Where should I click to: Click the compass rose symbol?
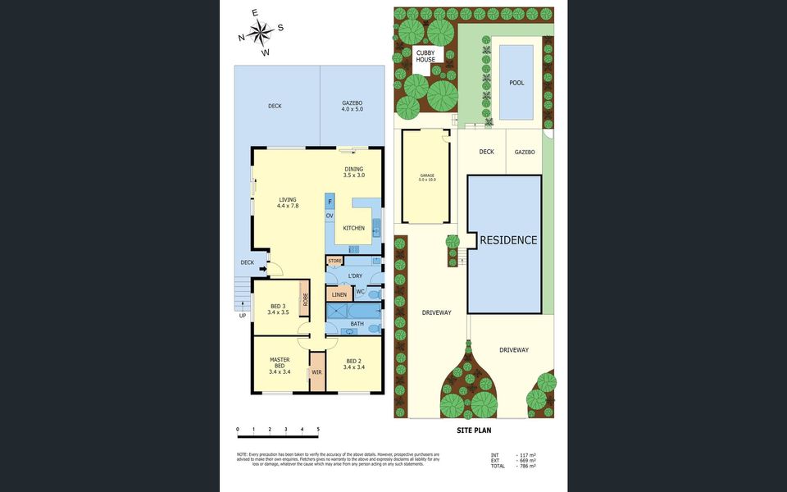(x=262, y=34)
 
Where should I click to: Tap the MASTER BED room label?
(x=280, y=366)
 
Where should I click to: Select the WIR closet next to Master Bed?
(x=316, y=371)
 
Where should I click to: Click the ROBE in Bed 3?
(x=304, y=300)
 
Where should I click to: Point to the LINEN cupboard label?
(x=339, y=294)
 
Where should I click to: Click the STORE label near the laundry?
(x=334, y=261)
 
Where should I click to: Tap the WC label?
(x=360, y=293)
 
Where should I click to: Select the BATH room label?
(x=357, y=324)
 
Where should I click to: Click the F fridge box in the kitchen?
(x=330, y=201)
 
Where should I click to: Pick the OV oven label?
(x=330, y=216)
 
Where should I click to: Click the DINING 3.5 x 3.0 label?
(x=353, y=172)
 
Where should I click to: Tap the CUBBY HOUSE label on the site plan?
(x=425, y=56)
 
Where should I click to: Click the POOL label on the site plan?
(x=516, y=83)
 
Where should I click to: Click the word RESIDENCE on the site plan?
(x=508, y=240)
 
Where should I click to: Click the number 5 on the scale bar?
(x=318, y=429)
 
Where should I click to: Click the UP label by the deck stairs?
(x=243, y=316)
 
